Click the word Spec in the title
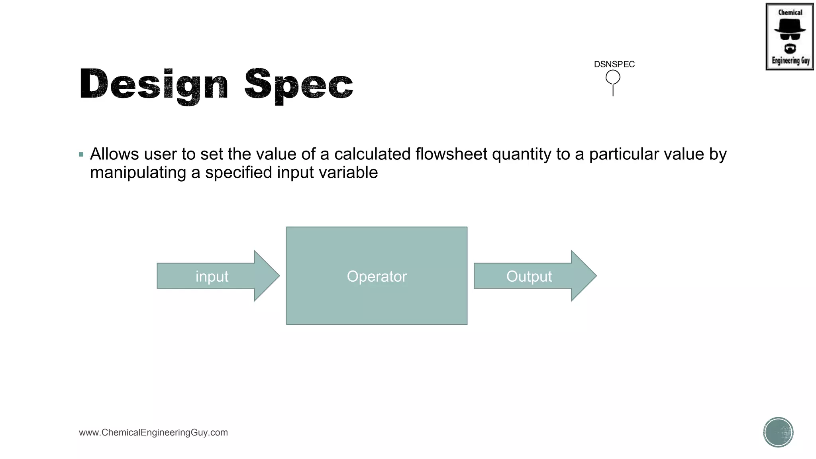tap(298, 84)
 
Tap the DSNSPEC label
tap(614, 64)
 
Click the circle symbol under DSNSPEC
tap(613, 77)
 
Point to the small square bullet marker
tap(81, 155)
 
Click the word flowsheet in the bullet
tap(451, 154)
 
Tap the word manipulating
tap(138, 173)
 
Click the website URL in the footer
tap(153, 432)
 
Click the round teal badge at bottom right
tap(778, 432)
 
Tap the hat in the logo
tap(790, 26)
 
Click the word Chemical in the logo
tap(790, 12)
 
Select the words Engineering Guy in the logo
tap(790, 61)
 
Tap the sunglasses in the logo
tap(790, 37)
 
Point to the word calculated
tap(372, 154)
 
